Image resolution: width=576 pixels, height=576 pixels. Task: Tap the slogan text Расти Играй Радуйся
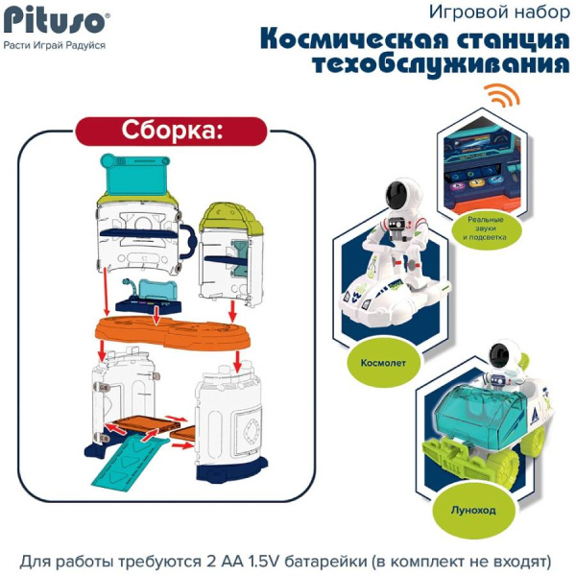click(x=54, y=44)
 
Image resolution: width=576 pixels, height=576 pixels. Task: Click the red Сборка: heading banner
click(x=171, y=130)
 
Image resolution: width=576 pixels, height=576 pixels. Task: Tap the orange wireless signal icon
click(x=497, y=97)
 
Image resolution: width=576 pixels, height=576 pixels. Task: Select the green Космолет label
click(x=364, y=364)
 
